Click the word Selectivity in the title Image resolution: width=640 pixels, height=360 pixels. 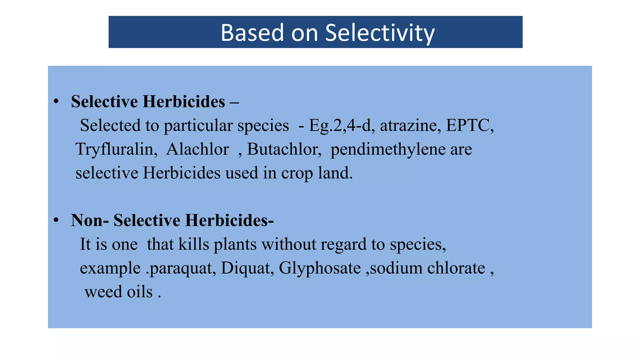(x=380, y=33)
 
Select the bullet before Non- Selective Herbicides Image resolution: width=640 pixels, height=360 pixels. (x=56, y=220)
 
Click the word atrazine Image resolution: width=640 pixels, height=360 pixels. (x=410, y=126)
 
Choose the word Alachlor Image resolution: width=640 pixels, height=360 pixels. (x=197, y=149)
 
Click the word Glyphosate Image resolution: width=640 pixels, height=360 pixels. (x=320, y=268)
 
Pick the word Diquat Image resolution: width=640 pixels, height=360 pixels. (x=247, y=268)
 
